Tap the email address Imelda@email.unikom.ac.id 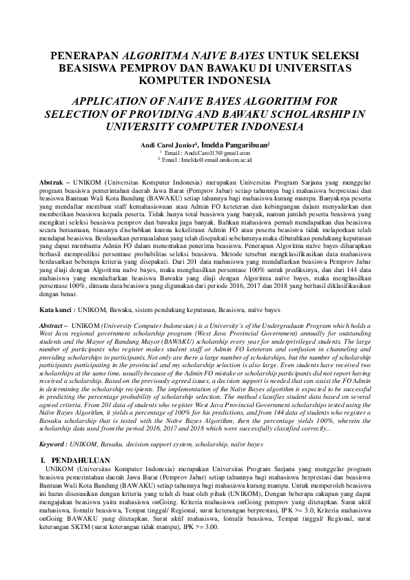tap(209, 160)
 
